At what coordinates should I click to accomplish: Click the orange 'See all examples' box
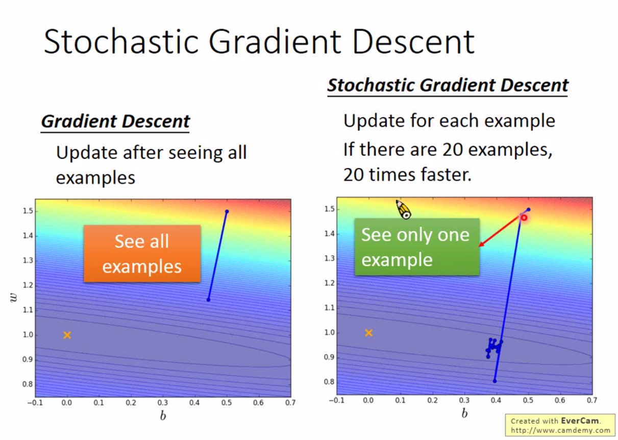(x=142, y=253)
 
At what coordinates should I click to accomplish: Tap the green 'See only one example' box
(x=417, y=247)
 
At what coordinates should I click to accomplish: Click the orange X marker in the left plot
(x=67, y=335)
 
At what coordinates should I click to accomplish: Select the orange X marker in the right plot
(x=368, y=333)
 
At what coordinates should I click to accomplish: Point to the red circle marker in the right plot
(x=524, y=218)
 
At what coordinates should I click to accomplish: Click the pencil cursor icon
(x=403, y=209)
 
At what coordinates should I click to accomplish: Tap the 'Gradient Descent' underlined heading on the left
(x=115, y=122)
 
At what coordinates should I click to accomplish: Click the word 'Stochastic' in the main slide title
(x=121, y=41)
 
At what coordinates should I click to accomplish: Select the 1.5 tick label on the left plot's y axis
(x=28, y=211)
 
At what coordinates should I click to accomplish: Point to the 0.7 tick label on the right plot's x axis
(x=591, y=400)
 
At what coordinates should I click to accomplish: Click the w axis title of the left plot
(x=13, y=298)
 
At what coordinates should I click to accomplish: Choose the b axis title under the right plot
(x=464, y=413)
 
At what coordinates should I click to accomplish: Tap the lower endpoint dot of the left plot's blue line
(x=209, y=300)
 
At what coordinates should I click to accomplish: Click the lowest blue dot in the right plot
(x=495, y=381)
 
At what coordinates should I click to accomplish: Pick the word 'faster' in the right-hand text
(x=446, y=175)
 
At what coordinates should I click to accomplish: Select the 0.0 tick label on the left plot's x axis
(x=66, y=402)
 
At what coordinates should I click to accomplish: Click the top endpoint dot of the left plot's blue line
(x=227, y=211)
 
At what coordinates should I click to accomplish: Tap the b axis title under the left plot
(x=163, y=415)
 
